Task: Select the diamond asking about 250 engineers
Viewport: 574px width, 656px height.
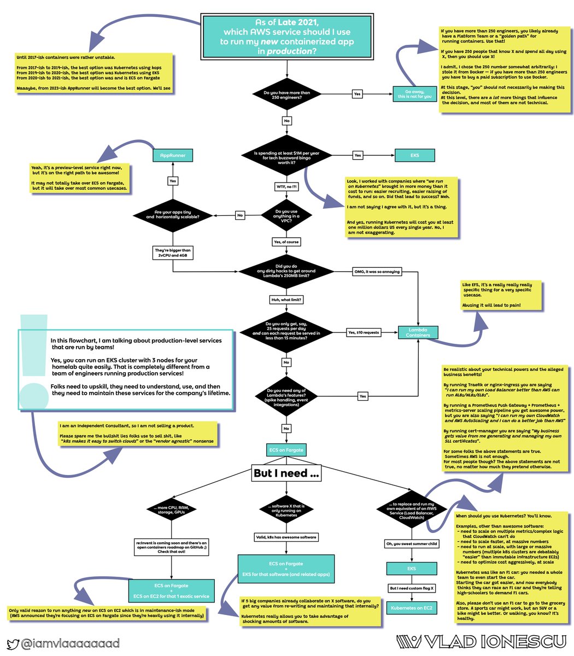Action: coord(286,95)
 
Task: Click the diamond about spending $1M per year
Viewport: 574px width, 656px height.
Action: coord(286,156)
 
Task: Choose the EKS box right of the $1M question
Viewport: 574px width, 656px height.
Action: coord(415,156)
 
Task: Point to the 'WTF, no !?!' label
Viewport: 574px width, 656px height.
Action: coord(286,186)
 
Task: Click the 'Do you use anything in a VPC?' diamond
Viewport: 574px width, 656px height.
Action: coord(286,215)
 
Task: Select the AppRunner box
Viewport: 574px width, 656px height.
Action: coord(173,156)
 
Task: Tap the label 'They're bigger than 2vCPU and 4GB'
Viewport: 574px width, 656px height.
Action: coord(173,252)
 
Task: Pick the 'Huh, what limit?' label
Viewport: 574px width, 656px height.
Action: coord(286,300)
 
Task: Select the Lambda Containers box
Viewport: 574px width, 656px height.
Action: coord(418,332)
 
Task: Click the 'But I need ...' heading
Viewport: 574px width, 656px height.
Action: coord(286,473)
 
